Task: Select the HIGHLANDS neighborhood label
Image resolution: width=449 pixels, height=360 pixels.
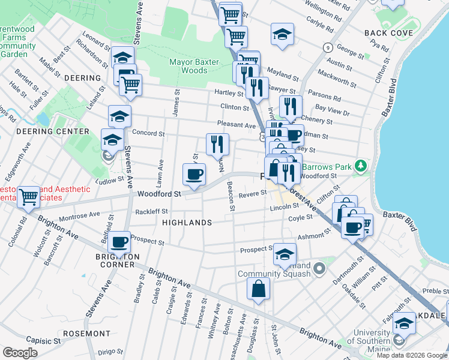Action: click(x=187, y=223)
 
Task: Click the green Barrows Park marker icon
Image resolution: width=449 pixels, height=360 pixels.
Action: click(x=360, y=164)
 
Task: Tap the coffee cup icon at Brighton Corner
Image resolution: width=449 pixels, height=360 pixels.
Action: click(x=119, y=242)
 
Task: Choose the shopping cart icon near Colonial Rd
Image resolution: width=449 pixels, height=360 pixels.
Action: click(x=28, y=196)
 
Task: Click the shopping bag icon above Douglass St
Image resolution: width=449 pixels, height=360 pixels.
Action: click(x=258, y=289)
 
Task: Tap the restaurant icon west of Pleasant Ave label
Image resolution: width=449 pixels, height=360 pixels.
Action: click(x=217, y=144)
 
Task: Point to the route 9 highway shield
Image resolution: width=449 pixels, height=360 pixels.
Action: click(x=328, y=47)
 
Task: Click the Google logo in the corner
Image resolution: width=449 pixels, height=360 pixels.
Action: click(x=20, y=353)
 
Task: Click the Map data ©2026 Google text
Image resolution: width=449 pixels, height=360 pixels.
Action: click(x=411, y=355)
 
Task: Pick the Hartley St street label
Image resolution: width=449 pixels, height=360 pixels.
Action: click(x=228, y=93)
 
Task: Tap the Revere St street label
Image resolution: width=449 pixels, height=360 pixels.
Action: click(x=252, y=194)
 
